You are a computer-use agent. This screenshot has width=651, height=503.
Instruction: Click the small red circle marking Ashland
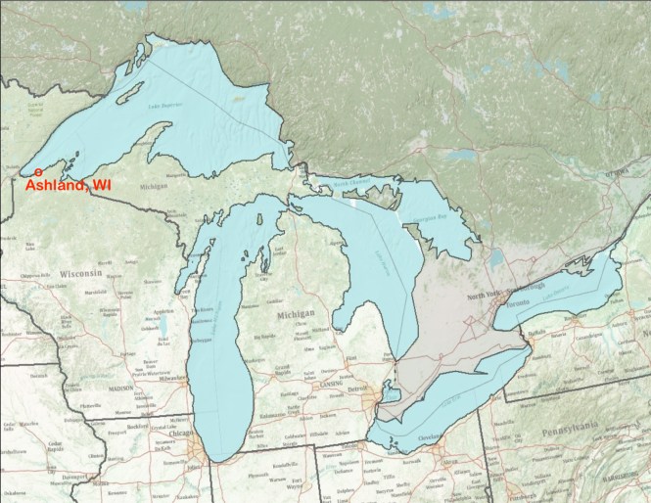[x=37, y=173]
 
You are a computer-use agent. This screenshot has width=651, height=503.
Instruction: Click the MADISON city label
[x=119, y=388]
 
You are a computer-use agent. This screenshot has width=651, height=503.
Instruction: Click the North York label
[x=484, y=296]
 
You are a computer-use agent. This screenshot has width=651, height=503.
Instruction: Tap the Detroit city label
[x=364, y=390]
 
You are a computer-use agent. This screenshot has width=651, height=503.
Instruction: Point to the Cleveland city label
[x=428, y=437]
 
